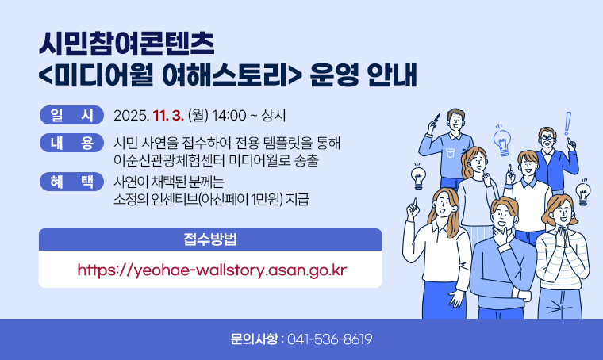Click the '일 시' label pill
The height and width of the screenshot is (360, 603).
[x=71, y=116]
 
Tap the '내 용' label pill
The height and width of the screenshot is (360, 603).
[x=71, y=144]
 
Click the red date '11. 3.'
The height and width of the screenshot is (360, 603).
[x=169, y=116]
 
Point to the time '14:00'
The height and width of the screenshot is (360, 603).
[x=230, y=116]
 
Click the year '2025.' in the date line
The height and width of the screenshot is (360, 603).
[x=132, y=116]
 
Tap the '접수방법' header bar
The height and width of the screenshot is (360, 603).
[x=210, y=239]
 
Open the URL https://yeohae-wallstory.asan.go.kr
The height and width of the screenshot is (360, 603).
[x=212, y=270]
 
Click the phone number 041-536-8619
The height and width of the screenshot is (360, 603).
[x=329, y=339]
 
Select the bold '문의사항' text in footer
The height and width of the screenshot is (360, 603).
[x=254, y=339]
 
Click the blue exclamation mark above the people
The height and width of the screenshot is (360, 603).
[x=568, y=124]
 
